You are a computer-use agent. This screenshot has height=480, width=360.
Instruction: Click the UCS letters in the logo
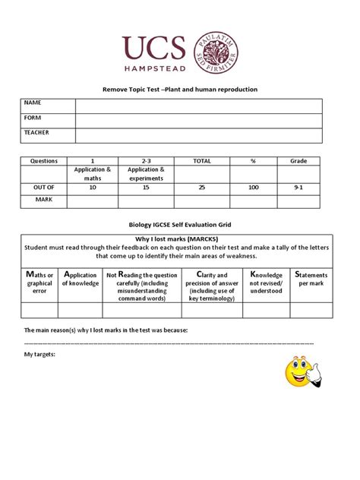tap(154, 48)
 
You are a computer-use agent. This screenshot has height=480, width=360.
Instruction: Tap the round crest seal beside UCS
tap(216, 52)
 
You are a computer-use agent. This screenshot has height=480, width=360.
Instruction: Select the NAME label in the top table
tap(33, 103)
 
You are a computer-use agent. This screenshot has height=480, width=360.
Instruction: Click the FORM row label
tap(33, 118)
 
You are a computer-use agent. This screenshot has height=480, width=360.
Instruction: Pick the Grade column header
tap(298, 161)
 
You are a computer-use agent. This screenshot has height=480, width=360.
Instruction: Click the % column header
tap(254, 161)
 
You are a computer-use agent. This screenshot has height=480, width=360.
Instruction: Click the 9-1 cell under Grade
tap(298, 187)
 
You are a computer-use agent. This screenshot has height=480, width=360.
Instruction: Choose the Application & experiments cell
tap(147, 174)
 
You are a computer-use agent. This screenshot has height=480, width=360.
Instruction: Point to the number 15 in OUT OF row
tap(147, 187)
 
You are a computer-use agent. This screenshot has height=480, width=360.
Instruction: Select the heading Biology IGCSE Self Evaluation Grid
tap(180, 226)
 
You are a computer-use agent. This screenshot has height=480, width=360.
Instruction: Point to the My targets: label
tap(39, 355)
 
